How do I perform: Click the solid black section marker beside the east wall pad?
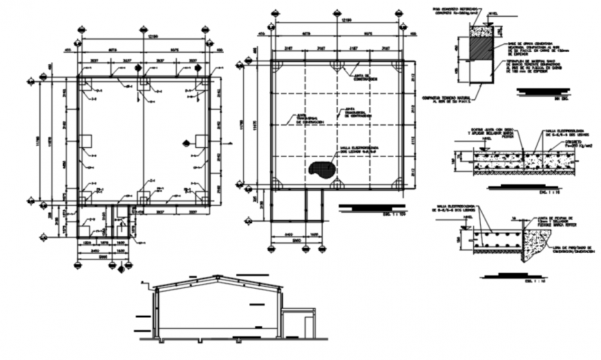(x=186, y=143)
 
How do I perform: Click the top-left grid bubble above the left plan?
(x=82, y=30)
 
